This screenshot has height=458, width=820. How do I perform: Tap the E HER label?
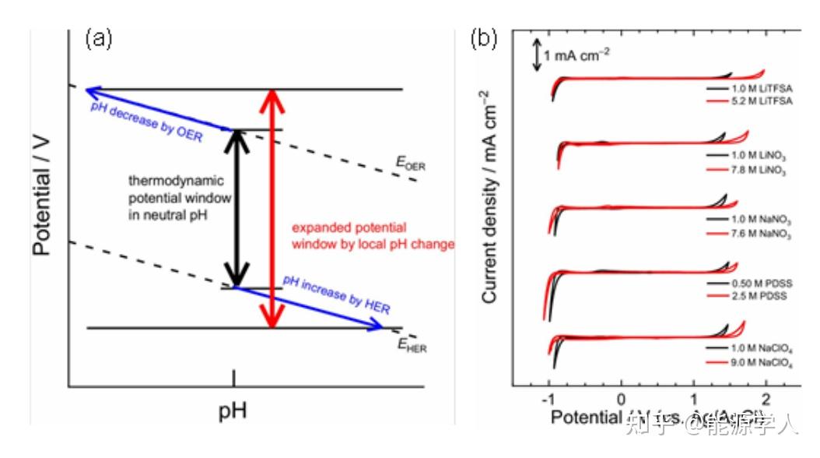coord(410,346)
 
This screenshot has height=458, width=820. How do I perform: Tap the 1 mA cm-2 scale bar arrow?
coord(536,55)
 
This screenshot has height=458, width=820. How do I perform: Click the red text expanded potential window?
coord(372,236)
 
